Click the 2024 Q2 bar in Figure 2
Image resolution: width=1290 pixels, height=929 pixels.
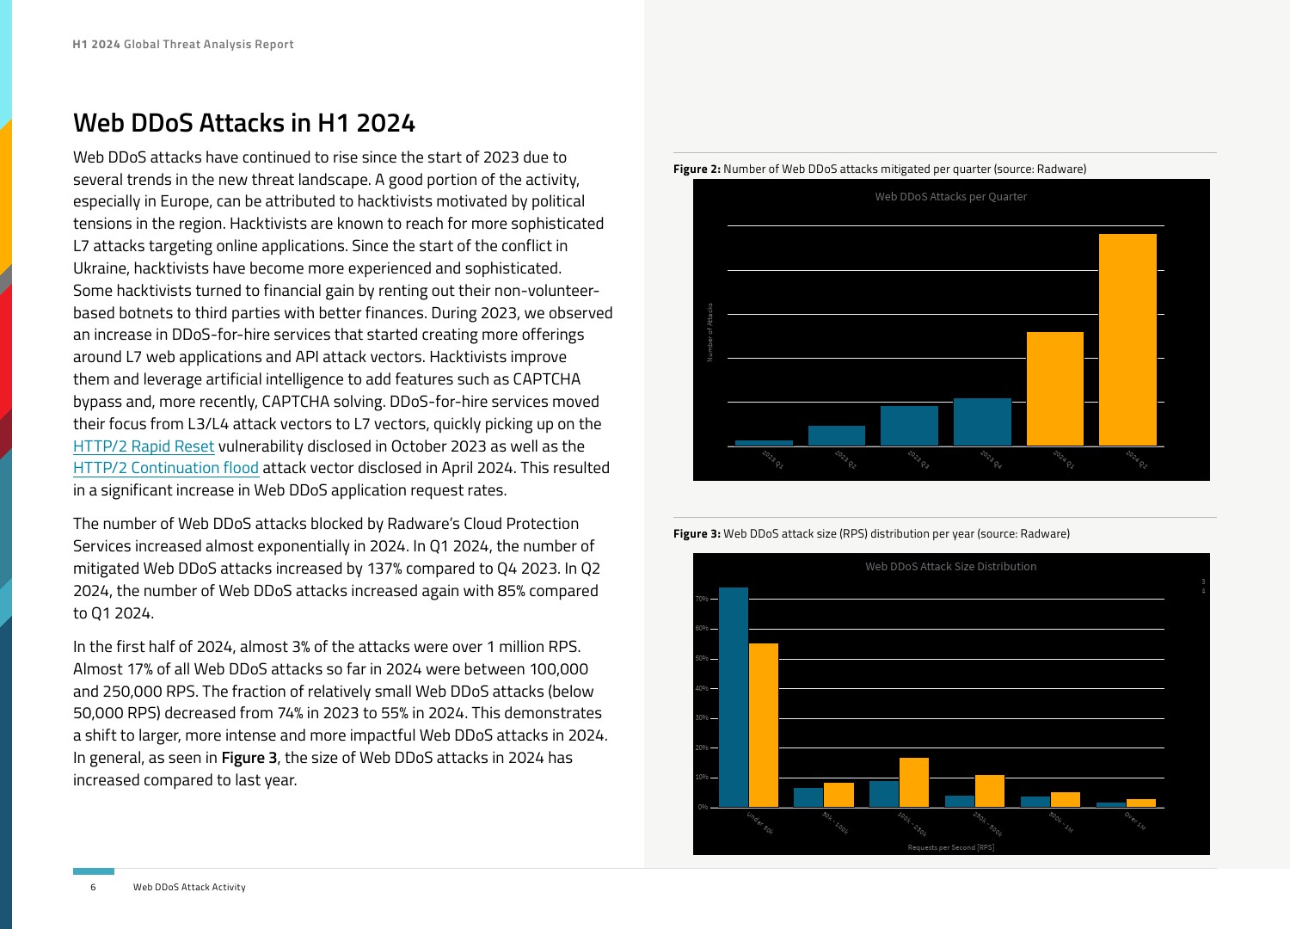click(1127, 340)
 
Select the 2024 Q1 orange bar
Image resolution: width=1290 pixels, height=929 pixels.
click(1054, 389)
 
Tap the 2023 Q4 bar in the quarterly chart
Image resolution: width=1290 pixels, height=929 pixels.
click(982, 421)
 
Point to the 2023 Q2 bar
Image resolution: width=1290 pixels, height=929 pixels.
click(836, 435)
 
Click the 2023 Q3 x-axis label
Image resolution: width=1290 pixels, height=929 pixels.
click(918, 459)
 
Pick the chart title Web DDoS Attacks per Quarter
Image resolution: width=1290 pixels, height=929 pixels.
click(950, 197)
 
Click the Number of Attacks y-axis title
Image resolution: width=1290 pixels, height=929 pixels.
click(710, 332)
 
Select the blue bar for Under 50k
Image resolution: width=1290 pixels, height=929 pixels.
click(734, 697)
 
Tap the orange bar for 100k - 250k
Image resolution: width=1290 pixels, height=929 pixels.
click(913, 782)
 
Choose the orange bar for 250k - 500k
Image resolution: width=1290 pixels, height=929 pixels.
click(989, 791)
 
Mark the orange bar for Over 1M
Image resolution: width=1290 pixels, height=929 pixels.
click(1140, 803)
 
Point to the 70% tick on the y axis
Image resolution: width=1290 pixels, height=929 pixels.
click(703, 599)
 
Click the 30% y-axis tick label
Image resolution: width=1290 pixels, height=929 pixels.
click(703, 718)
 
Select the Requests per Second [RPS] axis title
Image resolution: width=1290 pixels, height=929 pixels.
click(950, 847)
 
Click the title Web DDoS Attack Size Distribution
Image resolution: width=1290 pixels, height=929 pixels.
click(950, 567)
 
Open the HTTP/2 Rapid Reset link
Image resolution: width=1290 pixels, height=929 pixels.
click(144, 446)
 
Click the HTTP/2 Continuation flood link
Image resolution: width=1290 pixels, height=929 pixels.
click(166, 468)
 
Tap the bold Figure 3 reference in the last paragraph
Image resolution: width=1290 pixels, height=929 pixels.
click(249, 758)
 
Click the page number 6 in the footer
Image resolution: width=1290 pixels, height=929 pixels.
click(93, 887)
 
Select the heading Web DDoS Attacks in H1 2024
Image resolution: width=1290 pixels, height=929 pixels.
click(244, 123)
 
